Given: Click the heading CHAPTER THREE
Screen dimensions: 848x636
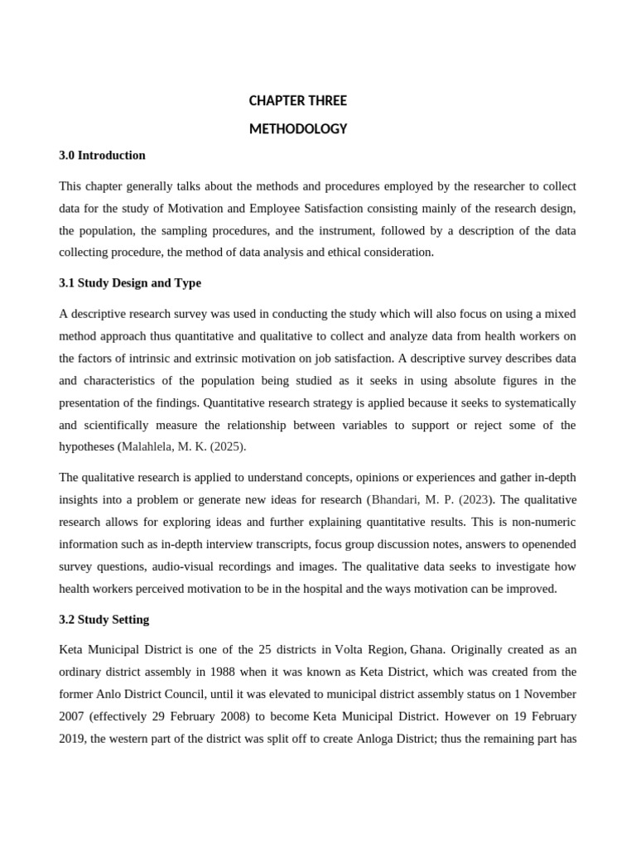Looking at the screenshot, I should click(297, 101).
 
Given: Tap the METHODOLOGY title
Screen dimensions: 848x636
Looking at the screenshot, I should click(297, 129).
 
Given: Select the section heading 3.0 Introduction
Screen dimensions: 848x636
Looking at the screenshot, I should click(102, 156).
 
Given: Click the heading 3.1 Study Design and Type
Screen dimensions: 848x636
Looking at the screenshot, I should click(130, 283).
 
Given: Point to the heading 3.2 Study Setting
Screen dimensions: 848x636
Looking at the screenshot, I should click(104, 619).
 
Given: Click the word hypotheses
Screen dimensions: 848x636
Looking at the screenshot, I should click(87, 446).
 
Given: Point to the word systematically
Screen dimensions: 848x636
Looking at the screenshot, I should click(535, 402).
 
